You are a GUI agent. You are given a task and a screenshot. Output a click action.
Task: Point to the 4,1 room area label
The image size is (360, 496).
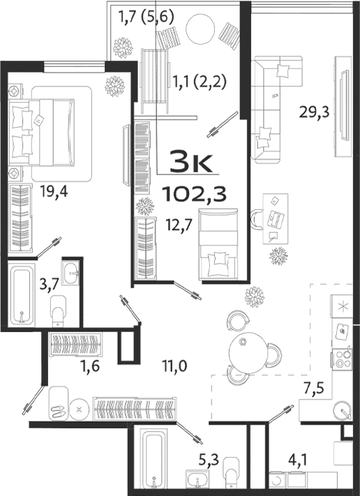click(x=299, y=460)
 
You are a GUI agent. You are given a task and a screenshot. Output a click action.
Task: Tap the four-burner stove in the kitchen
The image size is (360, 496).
click(x=344, y=358)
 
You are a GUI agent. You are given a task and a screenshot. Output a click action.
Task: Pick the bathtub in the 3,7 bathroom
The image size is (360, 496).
click(x=23, y=296)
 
